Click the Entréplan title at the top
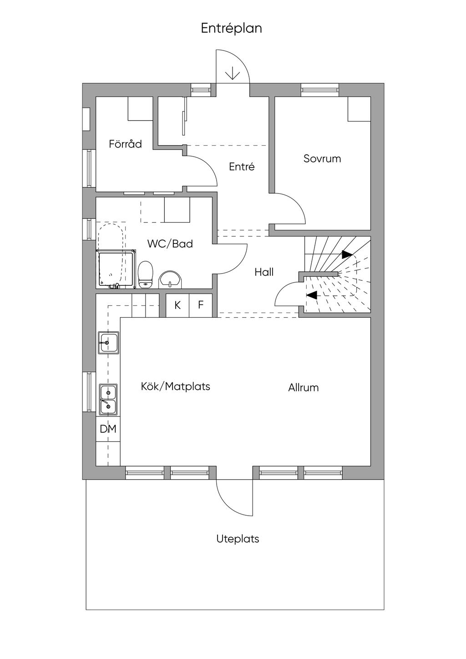pyautogui.click(x=232, y=29)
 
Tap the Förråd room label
pyautogui.click(x=125, y=144)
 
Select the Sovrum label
pyautogui.click(x=322, y=159)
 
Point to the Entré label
pyautogui.click(x=242, y=167)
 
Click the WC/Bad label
pyautogui.click(x=170, y=243)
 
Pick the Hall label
pyautogui.click(x=264, y=272)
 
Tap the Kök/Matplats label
pyautogui.click(x=176, y=386)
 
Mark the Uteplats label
pyautogui.click(x=238, y=539)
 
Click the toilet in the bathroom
pyautogui.click(x=146, y=274)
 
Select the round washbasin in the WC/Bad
pyautogui.click(x=171, y=279)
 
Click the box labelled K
pyautogui.click(x=177, y=305)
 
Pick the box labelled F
pyautogui.click(x=201, y=305)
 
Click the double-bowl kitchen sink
pyautogui.click(x=108, y=400)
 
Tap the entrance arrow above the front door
pyautogui.click(x=233, y=73)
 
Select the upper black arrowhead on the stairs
pyautogui.click(x=347, y=254)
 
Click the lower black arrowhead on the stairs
pyautogui.click(x=312, y=295)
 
